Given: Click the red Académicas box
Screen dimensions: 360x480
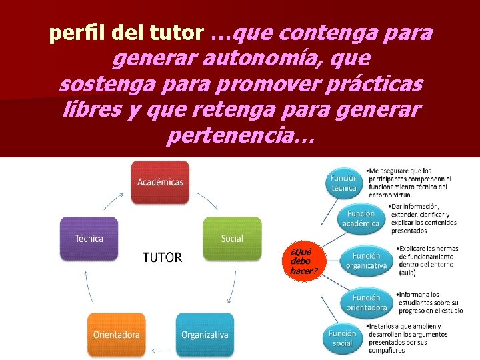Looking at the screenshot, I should click(x=160, y=182).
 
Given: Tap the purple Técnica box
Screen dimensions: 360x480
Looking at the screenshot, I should click(x=89, y=238).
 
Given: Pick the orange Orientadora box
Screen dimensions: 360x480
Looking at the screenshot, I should click(x=116, y=334).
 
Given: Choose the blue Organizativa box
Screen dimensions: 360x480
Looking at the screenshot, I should click(x=205, y=334).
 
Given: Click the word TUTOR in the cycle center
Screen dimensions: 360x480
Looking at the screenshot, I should click(x=162, y=257).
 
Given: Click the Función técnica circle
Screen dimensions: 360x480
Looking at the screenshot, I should click(x=344, y=183).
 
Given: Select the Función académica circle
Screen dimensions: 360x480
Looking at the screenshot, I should click(x=361, y=218).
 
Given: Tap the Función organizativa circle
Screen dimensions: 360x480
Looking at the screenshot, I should click(x=366, y=261).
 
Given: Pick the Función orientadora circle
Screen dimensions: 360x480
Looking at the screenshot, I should click(x=366, y=303).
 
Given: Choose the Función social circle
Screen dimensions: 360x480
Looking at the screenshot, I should click(x=342, y=337).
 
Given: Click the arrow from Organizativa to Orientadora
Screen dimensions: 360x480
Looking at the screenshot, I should click(x=160, y=349).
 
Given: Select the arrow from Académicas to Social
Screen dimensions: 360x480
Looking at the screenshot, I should click(x=207, y=198).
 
